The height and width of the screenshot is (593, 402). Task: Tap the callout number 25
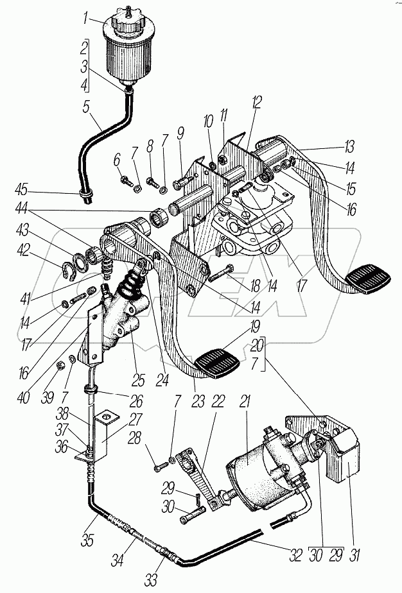tap(139, 380)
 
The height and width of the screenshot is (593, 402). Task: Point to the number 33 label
tap(151, 580)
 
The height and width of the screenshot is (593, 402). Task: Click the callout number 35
tap(87, 540)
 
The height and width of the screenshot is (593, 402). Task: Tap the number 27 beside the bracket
tap(135, 419)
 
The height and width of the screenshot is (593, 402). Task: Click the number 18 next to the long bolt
tap(255, 285)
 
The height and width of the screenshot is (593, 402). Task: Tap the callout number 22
tap(219, 402)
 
